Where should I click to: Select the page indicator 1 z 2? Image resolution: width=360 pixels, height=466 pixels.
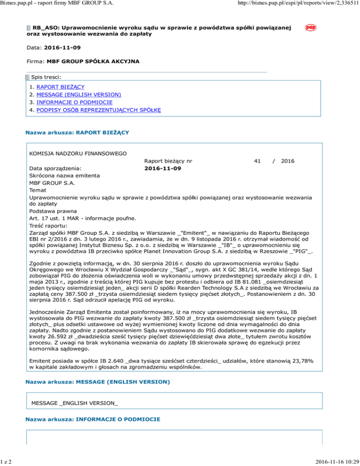pyautogui.click(x=7, y=461)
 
